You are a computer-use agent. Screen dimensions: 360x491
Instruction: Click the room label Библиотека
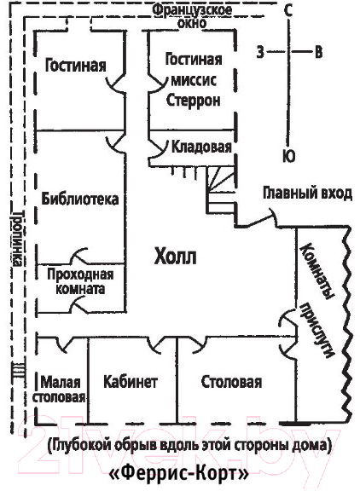(80, 199)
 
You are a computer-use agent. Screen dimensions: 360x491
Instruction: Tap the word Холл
(176, 257)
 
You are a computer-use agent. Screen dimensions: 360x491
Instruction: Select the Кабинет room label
(131, 382)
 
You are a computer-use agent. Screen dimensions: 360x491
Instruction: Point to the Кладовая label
(201, 147)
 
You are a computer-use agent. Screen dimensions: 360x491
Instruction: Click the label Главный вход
(307, 194)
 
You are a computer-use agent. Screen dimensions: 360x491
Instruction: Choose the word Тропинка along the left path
(18, 239)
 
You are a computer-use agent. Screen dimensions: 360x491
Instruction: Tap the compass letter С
(288, 10)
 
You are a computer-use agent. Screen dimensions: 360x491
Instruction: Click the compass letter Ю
(288, 156)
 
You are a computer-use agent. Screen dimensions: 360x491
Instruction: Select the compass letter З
(260, 52)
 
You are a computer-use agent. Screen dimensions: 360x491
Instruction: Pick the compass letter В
(318, 52)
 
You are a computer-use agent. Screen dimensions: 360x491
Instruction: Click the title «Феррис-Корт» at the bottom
(179, 474)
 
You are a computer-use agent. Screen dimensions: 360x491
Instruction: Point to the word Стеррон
(194, 101)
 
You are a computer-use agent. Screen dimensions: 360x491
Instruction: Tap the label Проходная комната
(80, 281)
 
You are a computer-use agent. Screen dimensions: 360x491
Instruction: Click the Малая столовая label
(60, 390)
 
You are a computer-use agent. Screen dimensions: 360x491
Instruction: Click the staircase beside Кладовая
(221, 191)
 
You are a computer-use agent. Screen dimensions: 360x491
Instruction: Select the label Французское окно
(193, 16)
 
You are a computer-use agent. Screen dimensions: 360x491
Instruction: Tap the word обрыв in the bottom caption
(138, 446)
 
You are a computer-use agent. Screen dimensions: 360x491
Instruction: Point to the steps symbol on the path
(18, 370)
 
